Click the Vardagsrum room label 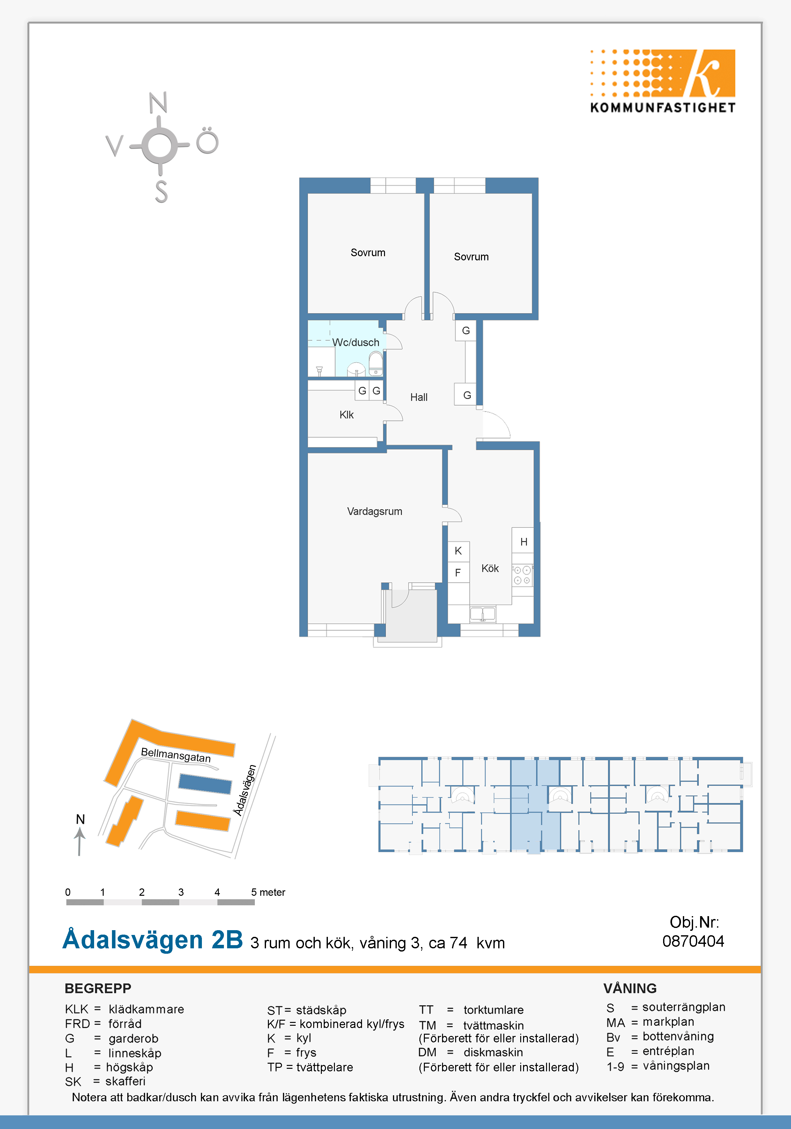point(374,511)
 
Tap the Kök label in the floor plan point(490,568)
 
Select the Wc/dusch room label point(356,342)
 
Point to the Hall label point(419,397)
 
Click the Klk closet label point(346,415)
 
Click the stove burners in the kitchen point(522,575)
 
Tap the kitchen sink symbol point(483,614)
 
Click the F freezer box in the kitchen point(458,572)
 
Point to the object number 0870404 point(693,941)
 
